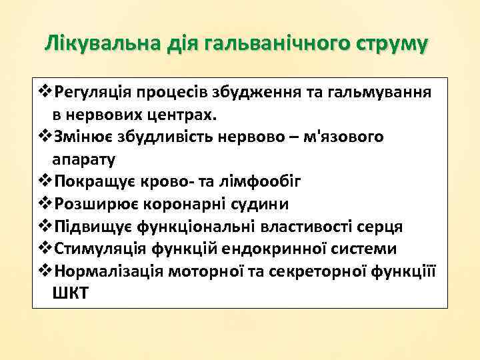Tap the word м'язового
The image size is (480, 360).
click(347, 137)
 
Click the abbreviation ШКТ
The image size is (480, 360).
click(69, 295)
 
